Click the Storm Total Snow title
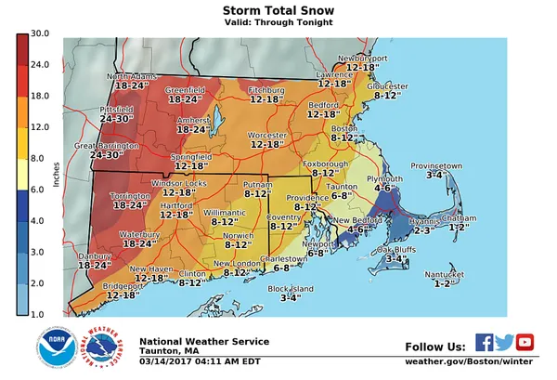(x=278, y=10)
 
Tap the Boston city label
(x=344, y=127)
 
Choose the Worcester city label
(x=266, y=136)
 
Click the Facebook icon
(x=484, y=341)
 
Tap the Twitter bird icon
(x=504, y=341)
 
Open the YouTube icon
(x=525, y=341)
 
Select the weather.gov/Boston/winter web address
(x=470, y=360)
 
